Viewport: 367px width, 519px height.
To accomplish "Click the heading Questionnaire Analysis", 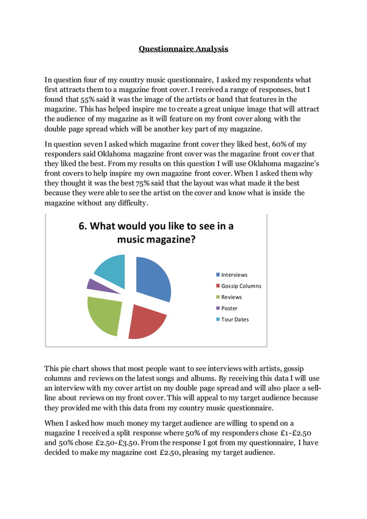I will (183, 49).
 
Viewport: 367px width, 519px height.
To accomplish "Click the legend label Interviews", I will (234, 275).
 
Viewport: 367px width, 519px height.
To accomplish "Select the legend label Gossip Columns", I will (241, 286).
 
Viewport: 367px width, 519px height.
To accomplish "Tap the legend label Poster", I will (230, 308).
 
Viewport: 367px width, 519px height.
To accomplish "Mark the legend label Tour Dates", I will (235, 319).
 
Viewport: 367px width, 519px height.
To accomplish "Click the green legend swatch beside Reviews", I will (218, 297).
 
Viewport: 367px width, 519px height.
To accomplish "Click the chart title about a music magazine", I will (156, 232).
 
